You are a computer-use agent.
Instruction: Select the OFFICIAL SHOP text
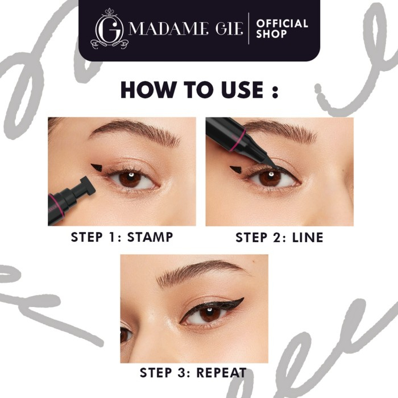(x=281, y=29)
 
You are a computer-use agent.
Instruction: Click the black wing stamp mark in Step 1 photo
(x=98, y=168)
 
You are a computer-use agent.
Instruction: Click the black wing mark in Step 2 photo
(x=235, y=169)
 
